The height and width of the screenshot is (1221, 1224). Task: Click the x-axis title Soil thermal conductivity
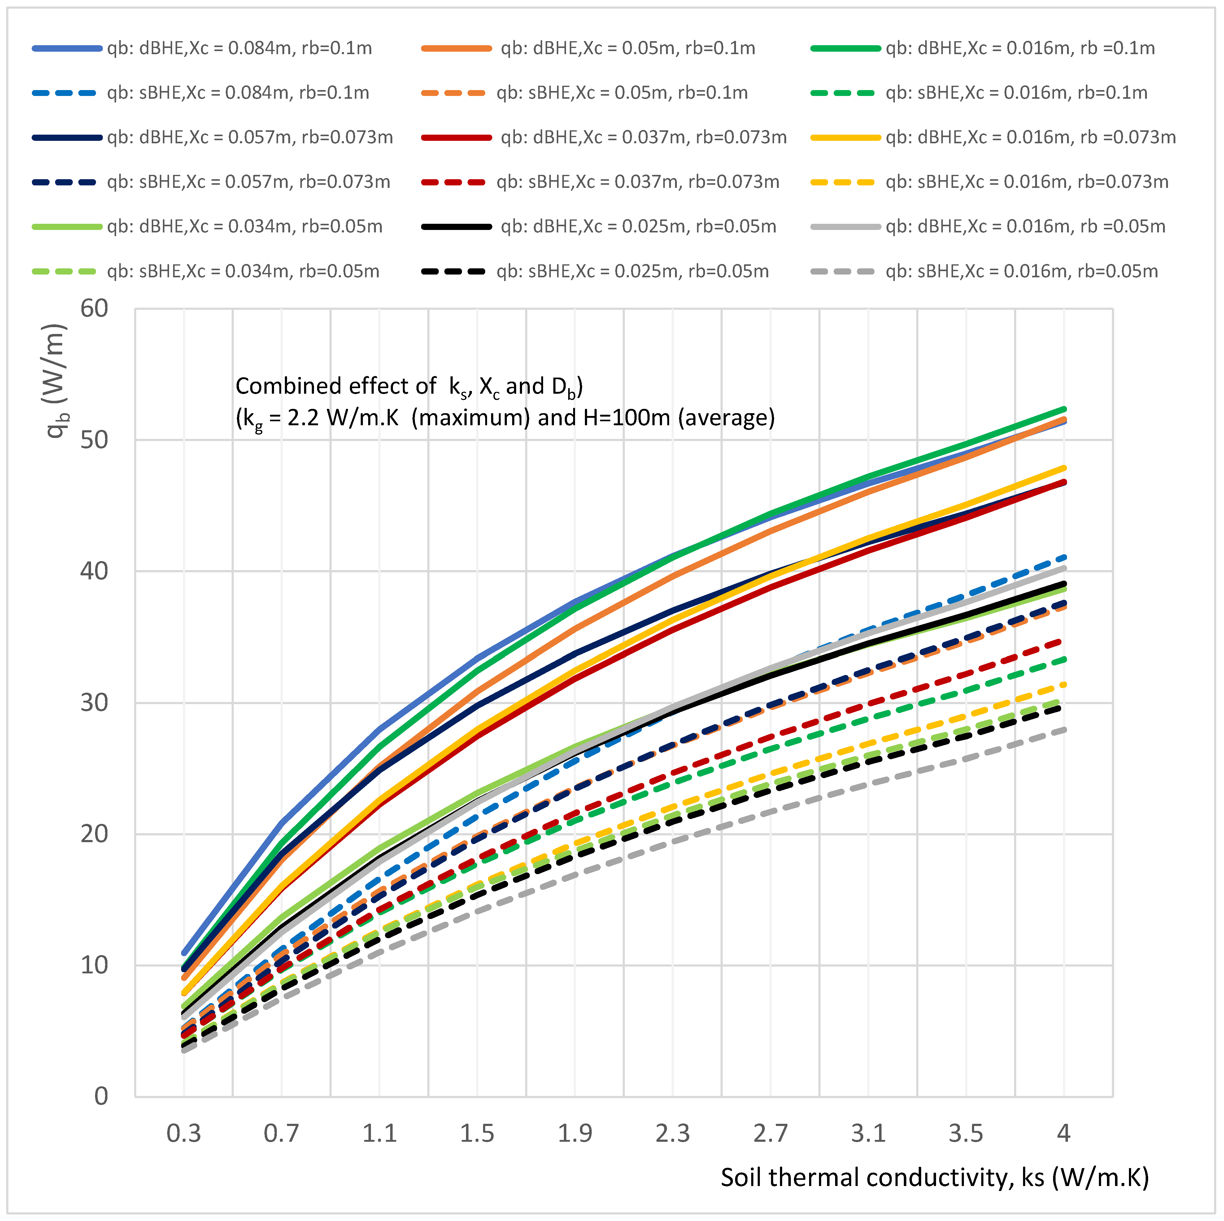pos(934,1178)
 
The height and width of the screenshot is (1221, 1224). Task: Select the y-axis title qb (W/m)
pos(56,380)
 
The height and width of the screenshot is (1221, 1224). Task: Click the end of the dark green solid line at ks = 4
pos(1064,409)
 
